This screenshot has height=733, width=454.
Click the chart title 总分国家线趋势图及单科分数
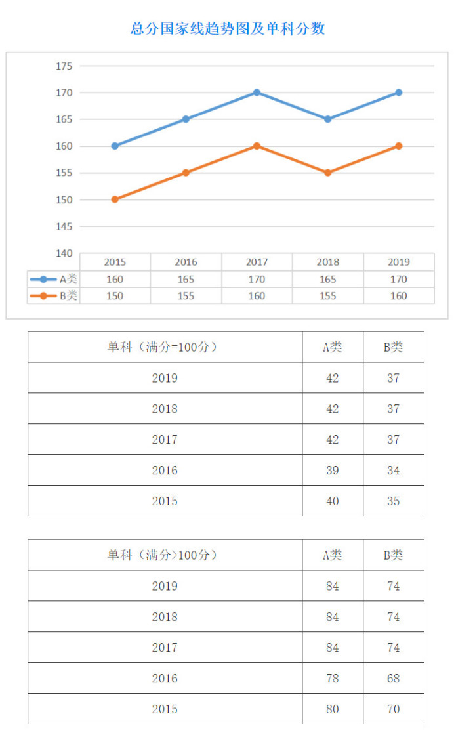click(227, 29)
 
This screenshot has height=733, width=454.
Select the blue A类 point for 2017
click(257, 93)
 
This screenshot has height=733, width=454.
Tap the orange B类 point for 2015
click(115, 199)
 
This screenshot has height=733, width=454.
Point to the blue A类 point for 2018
click(327, 119)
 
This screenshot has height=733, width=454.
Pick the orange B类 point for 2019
click(398, 146)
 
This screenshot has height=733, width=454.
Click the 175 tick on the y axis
click(64, 66)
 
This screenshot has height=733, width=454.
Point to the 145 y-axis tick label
click(64, 226)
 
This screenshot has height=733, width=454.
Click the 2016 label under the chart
click(186, 262)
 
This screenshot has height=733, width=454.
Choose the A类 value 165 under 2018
click(327, 279)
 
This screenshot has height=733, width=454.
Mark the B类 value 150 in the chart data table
click(115, 296)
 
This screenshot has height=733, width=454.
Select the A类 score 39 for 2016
click(333, 471)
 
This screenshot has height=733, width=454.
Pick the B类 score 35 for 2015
click(393, 501)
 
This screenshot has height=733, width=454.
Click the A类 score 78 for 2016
click(333, 679)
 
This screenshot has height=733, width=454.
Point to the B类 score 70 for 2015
click(393, 709)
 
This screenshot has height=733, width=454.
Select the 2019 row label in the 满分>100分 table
click(165, 586)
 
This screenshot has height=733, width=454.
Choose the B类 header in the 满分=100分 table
click(393, 347)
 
